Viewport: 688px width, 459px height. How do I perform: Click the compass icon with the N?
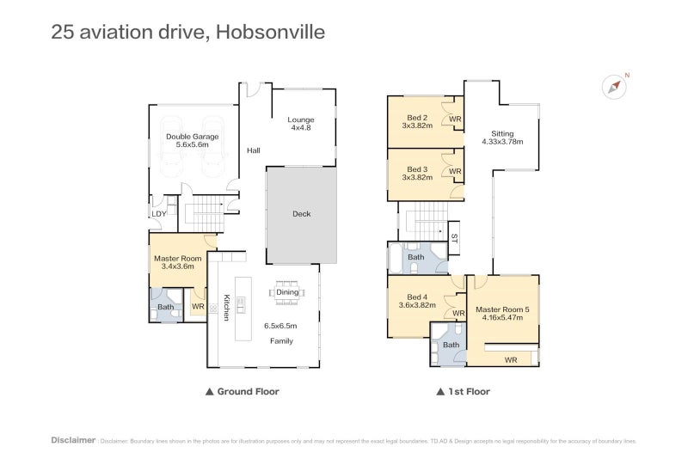tap(614, 86)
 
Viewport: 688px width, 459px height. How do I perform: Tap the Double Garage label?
tap(192, 140)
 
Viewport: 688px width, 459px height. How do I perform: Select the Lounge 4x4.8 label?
tap(300, 124)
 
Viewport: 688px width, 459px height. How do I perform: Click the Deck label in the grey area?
tap(302, 214)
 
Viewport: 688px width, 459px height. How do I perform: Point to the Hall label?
tap(253, 150)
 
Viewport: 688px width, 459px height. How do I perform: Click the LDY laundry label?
tap(159, 214)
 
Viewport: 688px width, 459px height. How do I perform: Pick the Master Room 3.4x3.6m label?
tap(178, 262)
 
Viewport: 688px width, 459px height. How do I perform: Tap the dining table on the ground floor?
tap(287, 292)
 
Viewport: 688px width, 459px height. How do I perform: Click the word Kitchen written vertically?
tap(226, 307)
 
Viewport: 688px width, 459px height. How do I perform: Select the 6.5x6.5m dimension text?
tap(280, 326)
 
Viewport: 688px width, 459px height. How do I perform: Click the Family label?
tap(281, 341)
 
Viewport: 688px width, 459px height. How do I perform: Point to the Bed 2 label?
tap(417, 118)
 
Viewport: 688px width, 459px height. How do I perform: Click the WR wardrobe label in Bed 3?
tap(455, 171)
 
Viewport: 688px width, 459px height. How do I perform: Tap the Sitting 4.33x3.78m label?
tap(502, 138)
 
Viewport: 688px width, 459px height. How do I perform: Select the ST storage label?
tap(454, 238)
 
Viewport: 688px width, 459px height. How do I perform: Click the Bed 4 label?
tap(417, 297)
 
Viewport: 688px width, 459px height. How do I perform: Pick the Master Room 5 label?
tap(502, 309)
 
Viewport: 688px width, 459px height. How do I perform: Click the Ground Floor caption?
tap(243, 391)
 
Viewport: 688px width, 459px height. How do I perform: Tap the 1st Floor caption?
tap(464, 391)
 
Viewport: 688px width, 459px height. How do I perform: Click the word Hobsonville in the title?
tap(270, 32)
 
